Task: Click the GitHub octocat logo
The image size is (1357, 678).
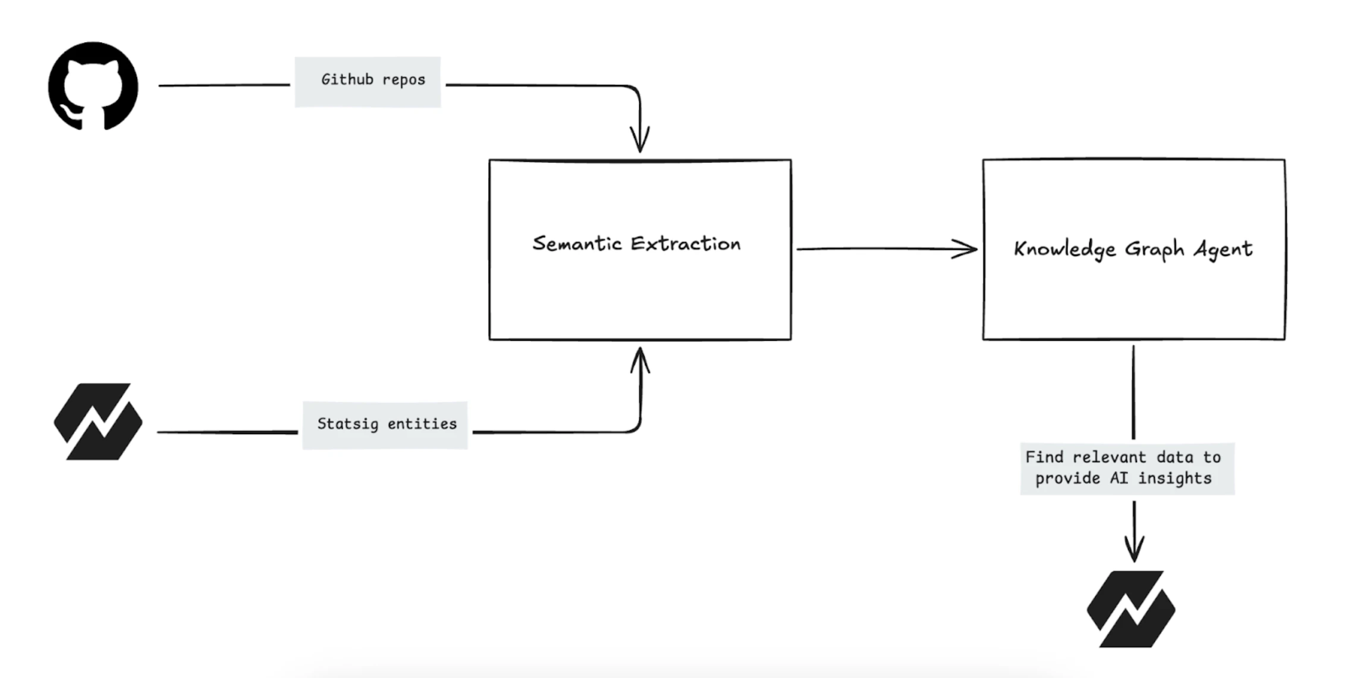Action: [x=93, y=86]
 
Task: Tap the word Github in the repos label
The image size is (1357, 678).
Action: [x=347, y=79]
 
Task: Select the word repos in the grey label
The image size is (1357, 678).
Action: [x=404, y=80]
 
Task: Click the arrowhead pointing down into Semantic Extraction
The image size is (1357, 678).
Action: [x=640, y=140]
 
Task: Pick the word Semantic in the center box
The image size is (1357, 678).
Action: [x=577, y=243]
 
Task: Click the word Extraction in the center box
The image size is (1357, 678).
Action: [x=686, y=243]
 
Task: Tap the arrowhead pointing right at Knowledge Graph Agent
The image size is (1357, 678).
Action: [x=966, y=249]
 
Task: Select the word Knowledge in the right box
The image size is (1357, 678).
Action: [x=1064, y=249]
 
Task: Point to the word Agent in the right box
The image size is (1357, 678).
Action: [x=1223, y=249]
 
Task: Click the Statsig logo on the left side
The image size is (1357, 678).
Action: [x=98, y=422]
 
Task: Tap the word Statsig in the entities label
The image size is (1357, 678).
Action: [x=347, y=424]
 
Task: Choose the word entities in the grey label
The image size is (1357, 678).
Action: [x=422, y=423]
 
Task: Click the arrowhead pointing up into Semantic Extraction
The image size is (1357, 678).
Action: [x=640, y=360]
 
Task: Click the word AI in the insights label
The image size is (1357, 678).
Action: [x=1119, y=478]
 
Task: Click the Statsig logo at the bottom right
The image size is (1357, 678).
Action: [x=1130, y=609]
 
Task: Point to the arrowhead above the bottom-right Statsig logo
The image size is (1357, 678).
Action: [x=1134, y=548]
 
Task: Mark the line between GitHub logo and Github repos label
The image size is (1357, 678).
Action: [x=224, y=85]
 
